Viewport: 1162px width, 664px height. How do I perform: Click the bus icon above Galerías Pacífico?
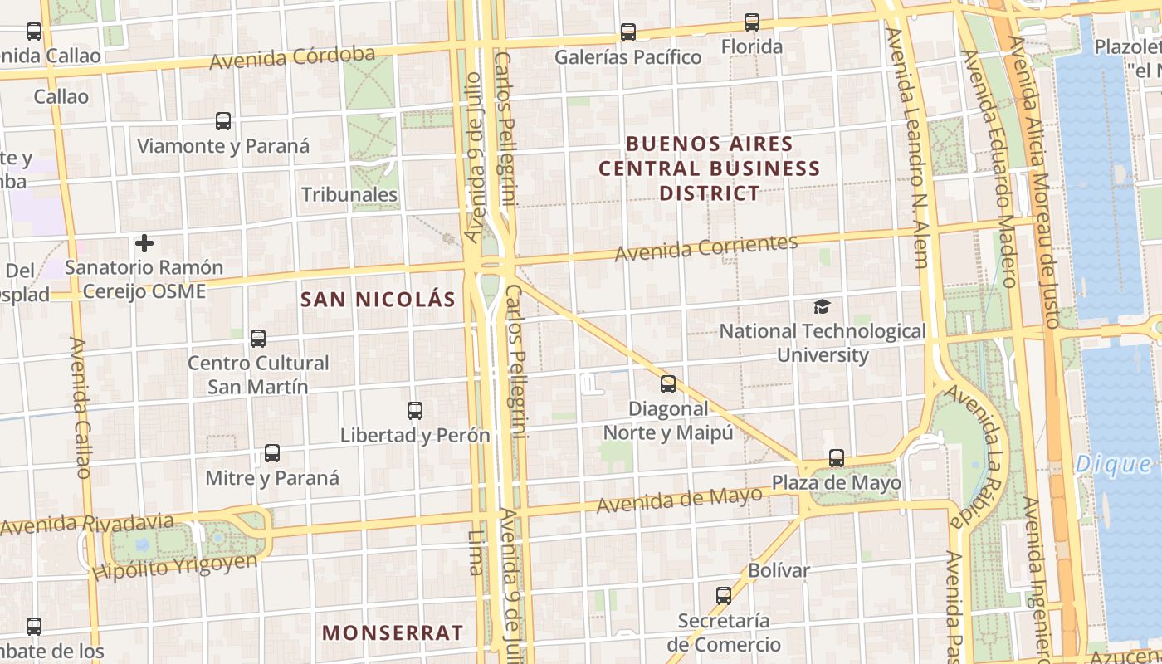click(628, 32)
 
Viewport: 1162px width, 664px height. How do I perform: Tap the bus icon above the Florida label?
click(752, 22)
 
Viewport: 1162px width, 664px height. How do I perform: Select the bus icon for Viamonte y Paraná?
click(223, 121)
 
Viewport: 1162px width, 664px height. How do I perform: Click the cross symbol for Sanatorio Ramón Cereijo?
click(144, 243)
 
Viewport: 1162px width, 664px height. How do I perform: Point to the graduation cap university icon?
click(822, 306)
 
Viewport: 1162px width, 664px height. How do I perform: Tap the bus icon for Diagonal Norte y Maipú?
click(668, 384)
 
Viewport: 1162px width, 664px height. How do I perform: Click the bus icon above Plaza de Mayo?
click(837, 458)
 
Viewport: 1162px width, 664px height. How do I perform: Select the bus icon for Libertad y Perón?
click(415, 411)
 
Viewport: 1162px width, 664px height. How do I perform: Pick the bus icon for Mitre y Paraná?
click(272, 453)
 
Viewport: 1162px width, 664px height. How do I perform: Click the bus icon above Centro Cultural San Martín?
click(258, 339)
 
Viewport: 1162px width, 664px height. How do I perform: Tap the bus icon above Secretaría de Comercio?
click(724, 596)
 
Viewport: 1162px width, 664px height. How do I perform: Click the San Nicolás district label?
click(378, 300)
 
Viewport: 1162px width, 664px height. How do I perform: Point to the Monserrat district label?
click(393, 632)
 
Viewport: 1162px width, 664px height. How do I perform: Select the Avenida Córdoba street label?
click(292, 58)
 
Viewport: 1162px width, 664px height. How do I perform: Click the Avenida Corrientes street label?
click(705, 247)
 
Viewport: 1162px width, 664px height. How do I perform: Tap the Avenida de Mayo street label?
click(679, 500)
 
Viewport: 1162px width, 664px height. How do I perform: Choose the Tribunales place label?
click(349, 195)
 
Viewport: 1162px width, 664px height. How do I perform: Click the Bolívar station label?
click(779, 570)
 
